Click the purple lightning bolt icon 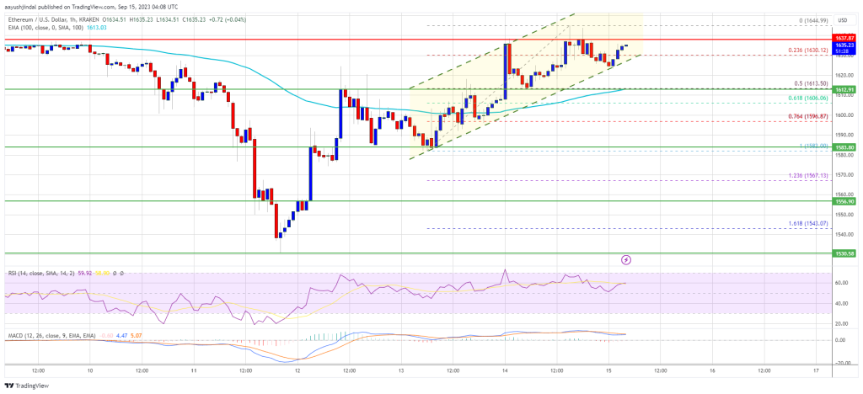pos(626,261)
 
